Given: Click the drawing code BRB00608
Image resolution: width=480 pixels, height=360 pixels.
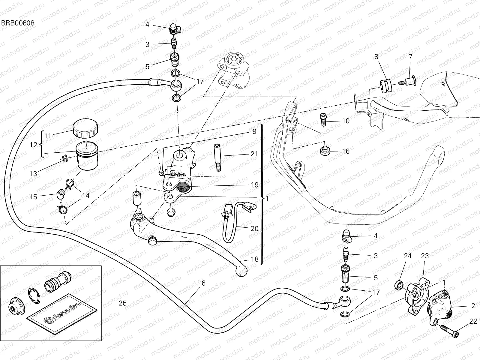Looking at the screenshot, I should [17, 23].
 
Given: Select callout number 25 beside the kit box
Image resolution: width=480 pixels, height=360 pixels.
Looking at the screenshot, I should [122, 303].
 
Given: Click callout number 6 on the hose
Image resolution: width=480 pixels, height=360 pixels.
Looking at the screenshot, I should [203, 283].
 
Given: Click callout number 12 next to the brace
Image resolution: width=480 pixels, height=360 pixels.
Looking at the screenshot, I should [34, 145].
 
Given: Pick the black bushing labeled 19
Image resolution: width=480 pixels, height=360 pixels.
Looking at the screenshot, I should [182, 188].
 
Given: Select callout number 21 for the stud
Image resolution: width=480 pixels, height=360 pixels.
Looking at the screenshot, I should [254, 154].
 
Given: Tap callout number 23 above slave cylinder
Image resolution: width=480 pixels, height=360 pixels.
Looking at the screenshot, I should [425, 256].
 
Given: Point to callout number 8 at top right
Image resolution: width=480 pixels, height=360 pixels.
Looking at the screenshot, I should [376, 56].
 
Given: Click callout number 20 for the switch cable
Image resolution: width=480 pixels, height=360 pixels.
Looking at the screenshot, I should [254, 229].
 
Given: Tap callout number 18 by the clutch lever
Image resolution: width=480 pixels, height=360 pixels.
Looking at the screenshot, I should [254, 259].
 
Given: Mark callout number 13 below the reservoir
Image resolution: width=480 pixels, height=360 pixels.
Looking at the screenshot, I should [33, 173].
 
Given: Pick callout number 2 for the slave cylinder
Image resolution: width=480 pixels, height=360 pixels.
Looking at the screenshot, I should [473, 306].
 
